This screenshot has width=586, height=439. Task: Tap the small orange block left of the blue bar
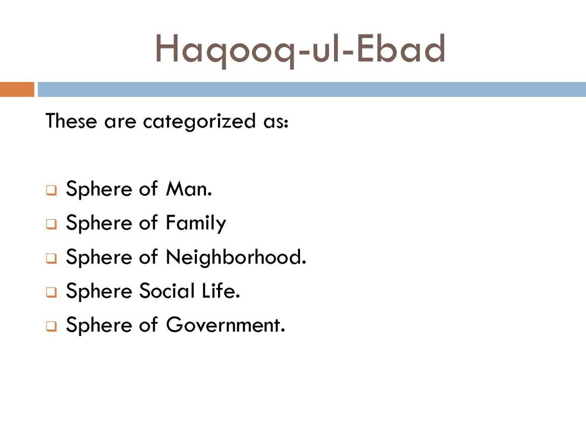pos(17,90)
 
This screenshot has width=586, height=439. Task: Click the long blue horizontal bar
pos(312,90)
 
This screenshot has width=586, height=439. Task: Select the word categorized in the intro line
pos(200,122)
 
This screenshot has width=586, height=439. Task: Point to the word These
pos(71,121)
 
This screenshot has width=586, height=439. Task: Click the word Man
pos(189,189)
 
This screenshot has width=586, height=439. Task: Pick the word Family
pos(196,223)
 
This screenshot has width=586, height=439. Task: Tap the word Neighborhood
pos(236,257)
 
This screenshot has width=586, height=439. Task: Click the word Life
pos(221,291)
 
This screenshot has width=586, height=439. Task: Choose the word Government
pos(226,325)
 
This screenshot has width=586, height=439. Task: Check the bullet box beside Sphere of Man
pos(52,190)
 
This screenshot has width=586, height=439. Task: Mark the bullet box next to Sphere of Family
pos(52,224)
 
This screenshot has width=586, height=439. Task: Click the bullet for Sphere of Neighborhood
pos(52,258)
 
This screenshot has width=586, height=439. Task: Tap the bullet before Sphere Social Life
pos(52,292)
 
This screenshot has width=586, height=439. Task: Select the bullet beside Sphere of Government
pos(52,326)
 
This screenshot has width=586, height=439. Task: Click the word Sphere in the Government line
pos(99,325)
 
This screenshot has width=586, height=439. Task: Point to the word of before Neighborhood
pos(148,257)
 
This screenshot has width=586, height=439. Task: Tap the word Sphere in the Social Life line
pos(99,291)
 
